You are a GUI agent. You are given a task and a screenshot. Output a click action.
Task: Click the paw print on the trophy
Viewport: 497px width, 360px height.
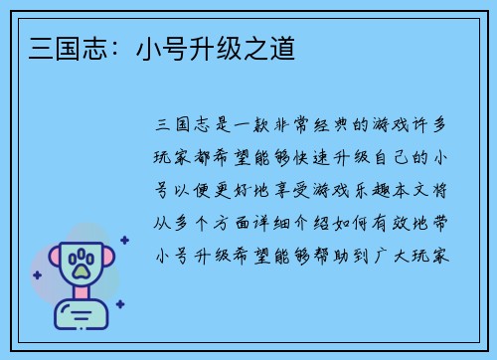pyautogui.click(x=81, y=264)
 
